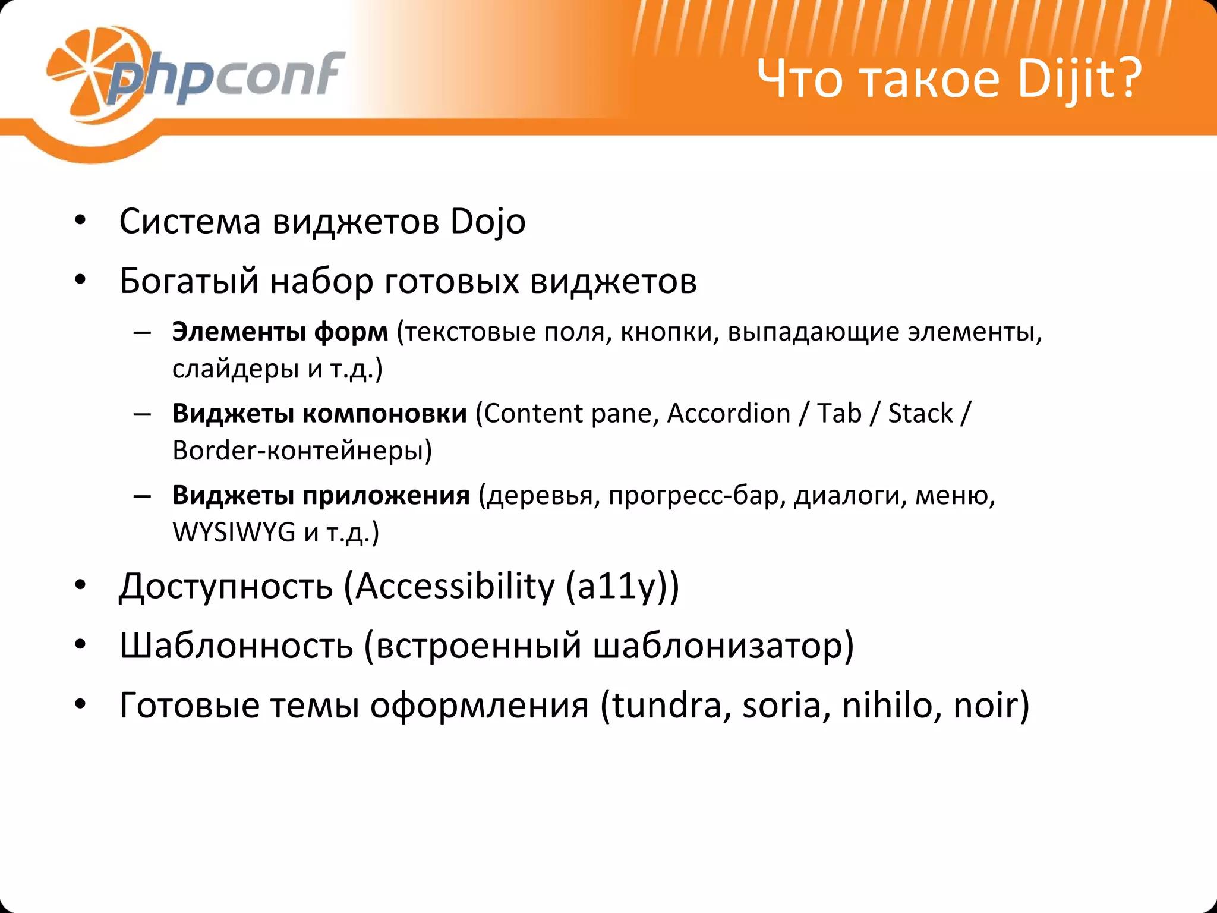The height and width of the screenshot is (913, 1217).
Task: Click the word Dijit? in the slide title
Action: (1079, 79)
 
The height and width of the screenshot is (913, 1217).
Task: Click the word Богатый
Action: (189, 281)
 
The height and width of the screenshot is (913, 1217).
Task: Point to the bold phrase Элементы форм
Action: (280, 332)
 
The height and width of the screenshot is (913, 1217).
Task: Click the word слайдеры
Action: (235, 369)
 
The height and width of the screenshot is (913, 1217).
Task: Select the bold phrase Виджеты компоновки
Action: (319, 413)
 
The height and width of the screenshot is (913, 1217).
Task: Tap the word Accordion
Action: (729, 413)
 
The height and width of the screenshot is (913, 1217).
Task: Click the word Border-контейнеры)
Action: (302, 451)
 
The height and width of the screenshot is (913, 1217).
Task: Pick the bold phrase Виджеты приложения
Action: (321, 495)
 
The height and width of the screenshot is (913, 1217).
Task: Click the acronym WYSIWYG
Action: (234, 532)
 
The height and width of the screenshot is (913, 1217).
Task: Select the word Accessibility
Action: (455, 587)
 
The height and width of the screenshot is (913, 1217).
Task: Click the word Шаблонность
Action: (236, 646)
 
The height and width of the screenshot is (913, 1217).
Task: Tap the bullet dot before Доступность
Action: (81, 585)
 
